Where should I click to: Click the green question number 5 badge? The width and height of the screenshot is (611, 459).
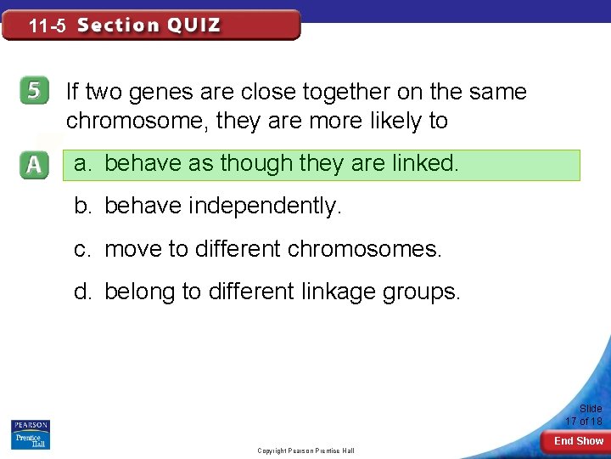click(x=32, y=93)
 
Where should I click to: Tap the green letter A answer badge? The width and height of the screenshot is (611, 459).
click(x=32, y=165)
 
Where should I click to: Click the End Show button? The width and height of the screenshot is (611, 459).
click(x=578, y=441)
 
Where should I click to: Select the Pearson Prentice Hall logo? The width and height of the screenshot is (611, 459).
click(x=31, y=435)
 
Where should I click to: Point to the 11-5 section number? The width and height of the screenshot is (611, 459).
click(x=47, y=26)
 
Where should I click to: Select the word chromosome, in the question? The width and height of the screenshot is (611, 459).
click(x=137, y=121)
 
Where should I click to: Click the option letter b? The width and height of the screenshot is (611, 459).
click(x=82, y=206)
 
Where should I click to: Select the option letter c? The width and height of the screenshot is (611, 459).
click(x=82, y=248)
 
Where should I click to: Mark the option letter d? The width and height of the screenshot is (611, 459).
click(x=82, y=292)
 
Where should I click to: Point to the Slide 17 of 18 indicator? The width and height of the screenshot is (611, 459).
click(x=584, y=415)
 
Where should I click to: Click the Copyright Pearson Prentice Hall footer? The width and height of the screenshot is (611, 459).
click(x=305, y=450)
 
